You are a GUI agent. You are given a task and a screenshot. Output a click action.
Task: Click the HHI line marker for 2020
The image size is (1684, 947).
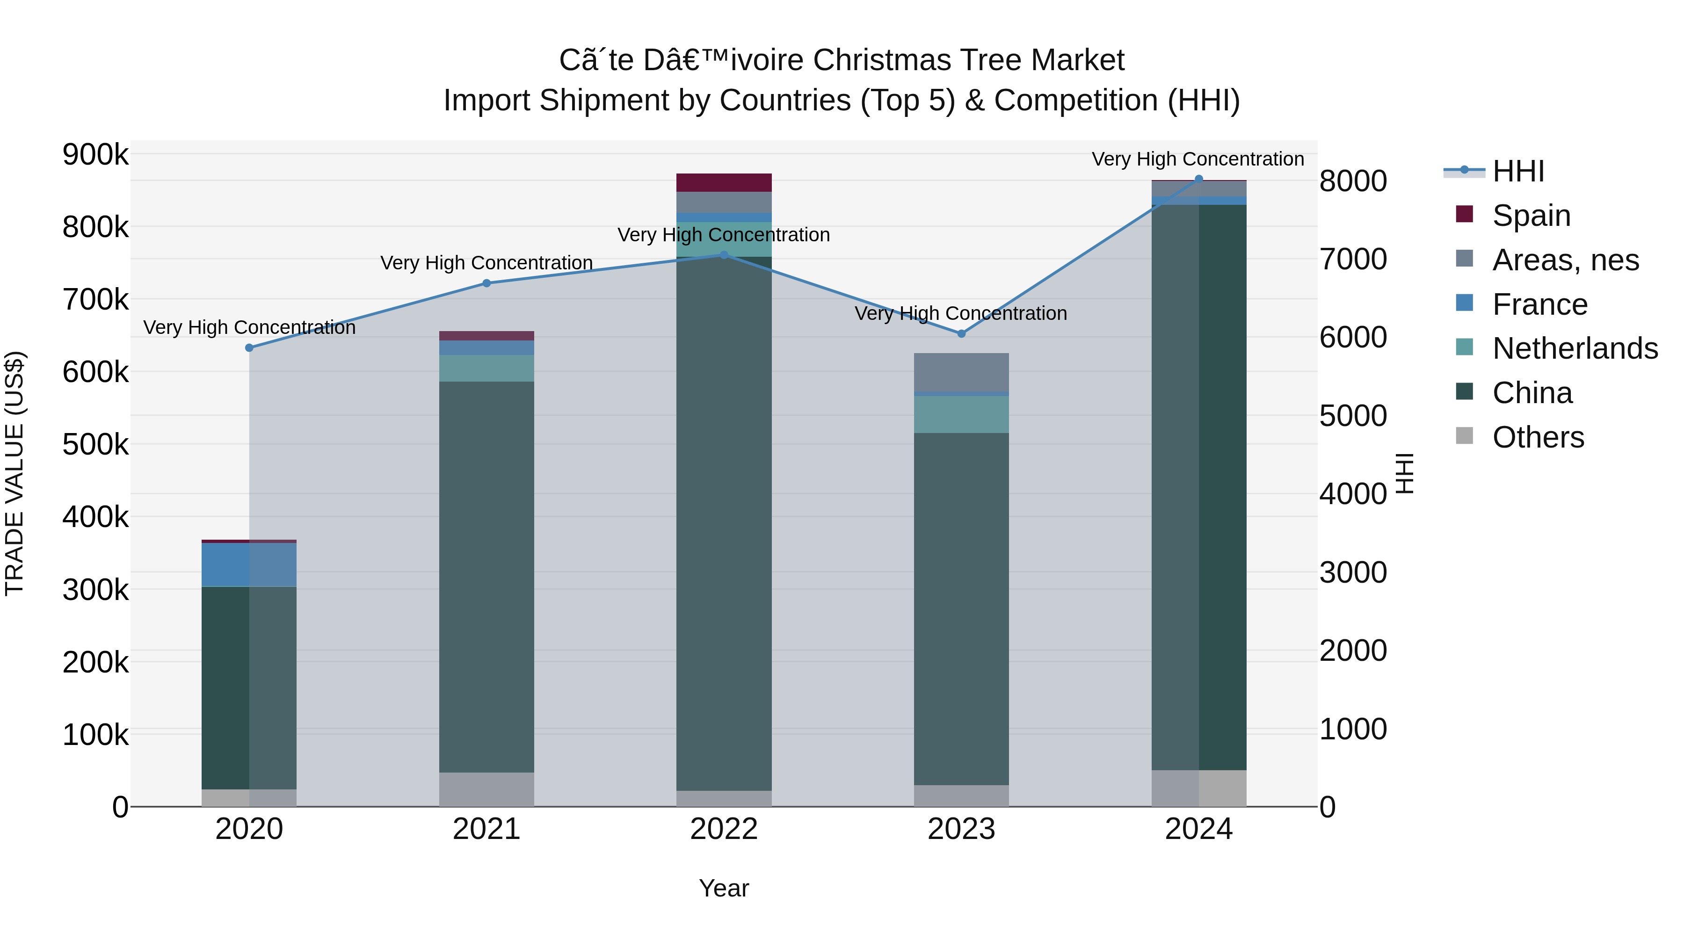tap(249, 347)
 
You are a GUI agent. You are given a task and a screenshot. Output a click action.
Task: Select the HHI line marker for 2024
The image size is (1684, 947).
tap(1198, 179)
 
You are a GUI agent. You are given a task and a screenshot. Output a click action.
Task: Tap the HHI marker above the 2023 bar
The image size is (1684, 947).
tap(961, 334)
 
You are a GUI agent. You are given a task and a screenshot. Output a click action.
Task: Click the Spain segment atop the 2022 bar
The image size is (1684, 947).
tap(724, 182)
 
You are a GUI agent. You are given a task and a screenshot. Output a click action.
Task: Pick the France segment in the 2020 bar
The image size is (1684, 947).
tap(249, 564)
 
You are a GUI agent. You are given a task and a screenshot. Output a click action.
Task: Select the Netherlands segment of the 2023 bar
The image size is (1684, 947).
tap(961, 414)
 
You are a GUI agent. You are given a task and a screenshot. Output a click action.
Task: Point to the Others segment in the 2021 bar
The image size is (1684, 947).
tap(486, 789)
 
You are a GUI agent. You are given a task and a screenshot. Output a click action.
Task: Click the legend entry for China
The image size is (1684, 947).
tap(1532, 393)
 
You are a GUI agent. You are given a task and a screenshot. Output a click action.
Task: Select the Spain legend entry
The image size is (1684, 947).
tap(1531, 216)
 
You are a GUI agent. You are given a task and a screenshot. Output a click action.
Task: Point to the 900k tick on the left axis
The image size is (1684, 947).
tap(95, 155)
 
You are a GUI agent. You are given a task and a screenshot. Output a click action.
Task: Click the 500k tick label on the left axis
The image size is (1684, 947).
tap(95, 445)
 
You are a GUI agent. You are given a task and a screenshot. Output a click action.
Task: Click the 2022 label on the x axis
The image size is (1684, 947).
tap(724, 829)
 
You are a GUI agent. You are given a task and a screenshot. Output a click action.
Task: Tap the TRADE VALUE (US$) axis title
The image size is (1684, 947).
tap(15, 473)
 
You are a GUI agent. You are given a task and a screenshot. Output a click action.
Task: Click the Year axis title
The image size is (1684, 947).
tap(724, 888)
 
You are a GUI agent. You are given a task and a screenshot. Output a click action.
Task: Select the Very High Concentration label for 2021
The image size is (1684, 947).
tap(486, 263)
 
